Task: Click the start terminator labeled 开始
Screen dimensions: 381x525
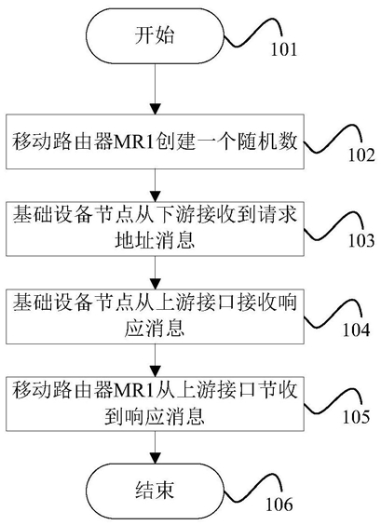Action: click(155, 35)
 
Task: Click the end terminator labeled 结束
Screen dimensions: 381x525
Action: click(155, 491)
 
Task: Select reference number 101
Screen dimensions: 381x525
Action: click(283, 49)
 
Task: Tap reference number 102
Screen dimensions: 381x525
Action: click(361, 155)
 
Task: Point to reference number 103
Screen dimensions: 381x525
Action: click(361, 240)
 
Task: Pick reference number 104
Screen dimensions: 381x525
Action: click(356, 330)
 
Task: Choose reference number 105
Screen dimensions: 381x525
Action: click(356, 417)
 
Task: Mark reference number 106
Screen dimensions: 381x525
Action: click(279, 504)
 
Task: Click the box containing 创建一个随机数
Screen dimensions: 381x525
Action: click(155, 141)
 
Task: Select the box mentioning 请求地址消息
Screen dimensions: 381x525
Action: click(155, 229)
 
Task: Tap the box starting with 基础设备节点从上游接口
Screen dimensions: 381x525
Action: click(155, 316)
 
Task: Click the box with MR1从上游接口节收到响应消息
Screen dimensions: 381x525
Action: click(155, 404)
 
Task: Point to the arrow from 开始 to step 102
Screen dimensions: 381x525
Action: click(156, 88)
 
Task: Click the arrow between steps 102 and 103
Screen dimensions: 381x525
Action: click(156, 185)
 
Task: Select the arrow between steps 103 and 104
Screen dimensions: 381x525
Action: click(156, 273)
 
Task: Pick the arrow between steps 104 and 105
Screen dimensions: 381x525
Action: click(156, 360)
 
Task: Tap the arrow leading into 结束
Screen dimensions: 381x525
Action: click(156, 448)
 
